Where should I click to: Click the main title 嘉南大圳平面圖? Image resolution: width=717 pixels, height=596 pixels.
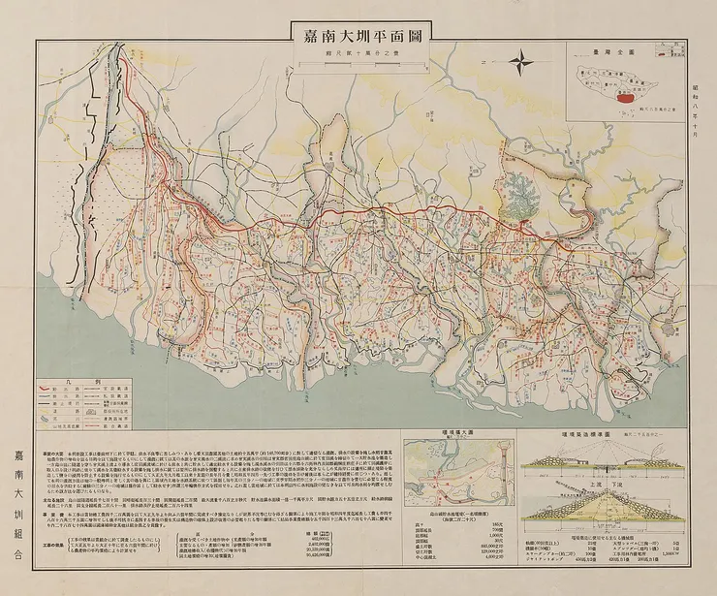click(x=358, y=40)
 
